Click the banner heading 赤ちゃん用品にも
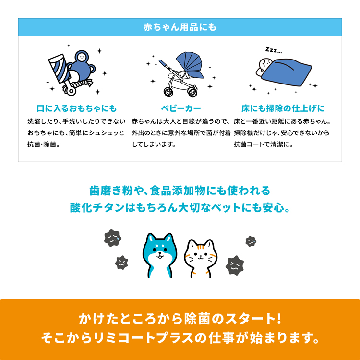pos(180,27)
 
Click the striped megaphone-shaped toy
pos(59,68)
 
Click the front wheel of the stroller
pos(192,92)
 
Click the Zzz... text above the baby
pos(274,50)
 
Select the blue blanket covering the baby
pos(287,72)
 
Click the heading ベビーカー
pos(180,108)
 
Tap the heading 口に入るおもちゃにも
pos(77,108)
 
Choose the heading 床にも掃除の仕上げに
pos(283,108)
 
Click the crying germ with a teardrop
pos(112,238)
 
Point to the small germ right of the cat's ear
pos(251,241)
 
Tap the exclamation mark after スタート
pos(279,319)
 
